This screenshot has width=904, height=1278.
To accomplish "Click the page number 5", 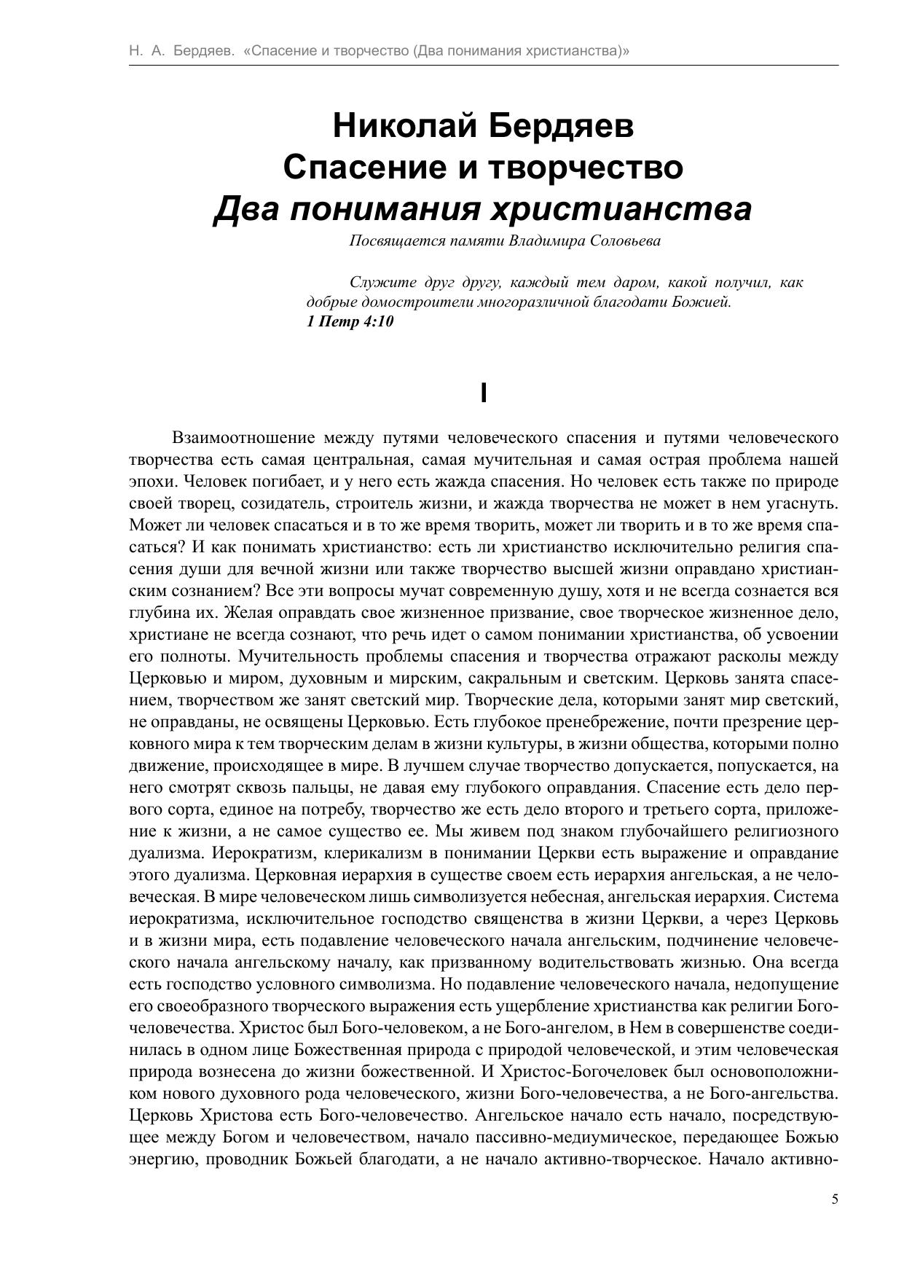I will (x=834, y=1199).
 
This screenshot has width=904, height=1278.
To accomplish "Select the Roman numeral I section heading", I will (x=484, y=393).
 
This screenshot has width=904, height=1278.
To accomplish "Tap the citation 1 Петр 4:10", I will (x=350, y=321).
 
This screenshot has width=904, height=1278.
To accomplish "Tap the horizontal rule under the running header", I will (x=484, y=66).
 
